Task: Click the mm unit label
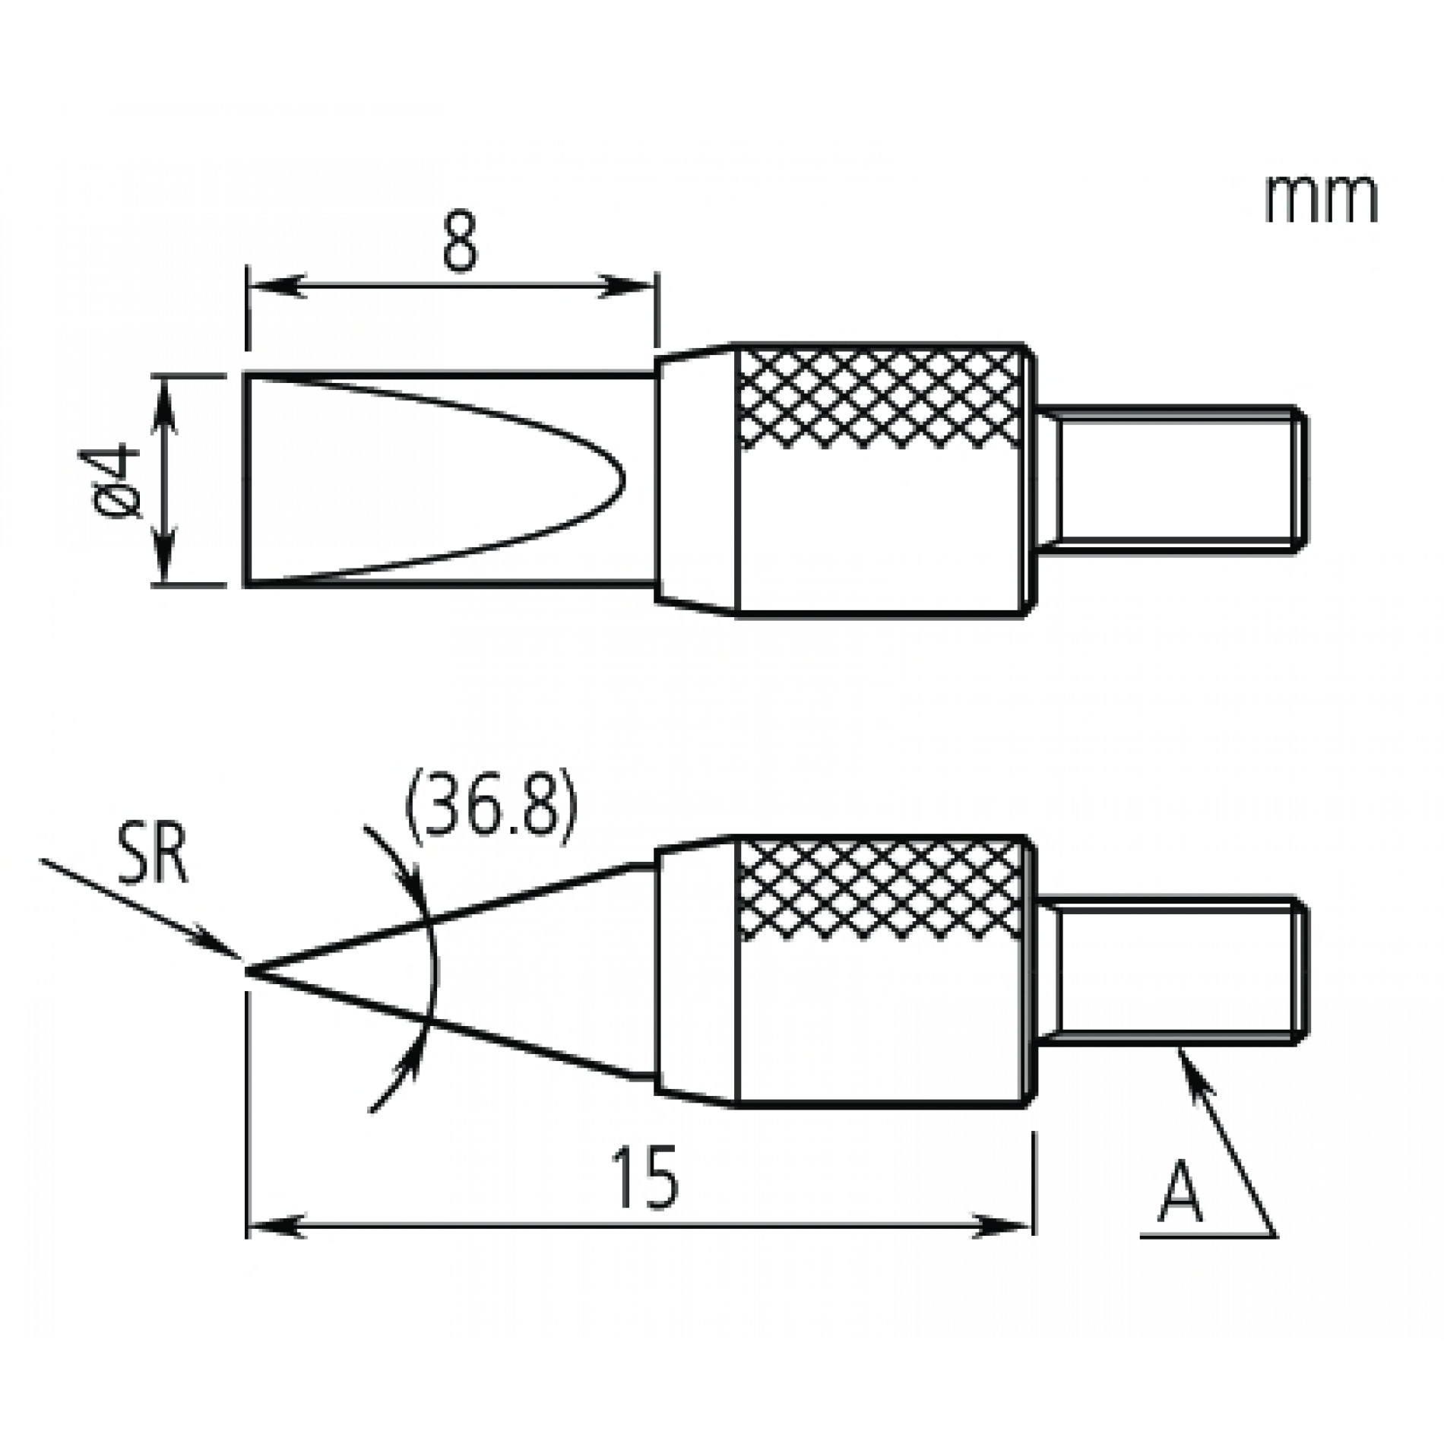1321,200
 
